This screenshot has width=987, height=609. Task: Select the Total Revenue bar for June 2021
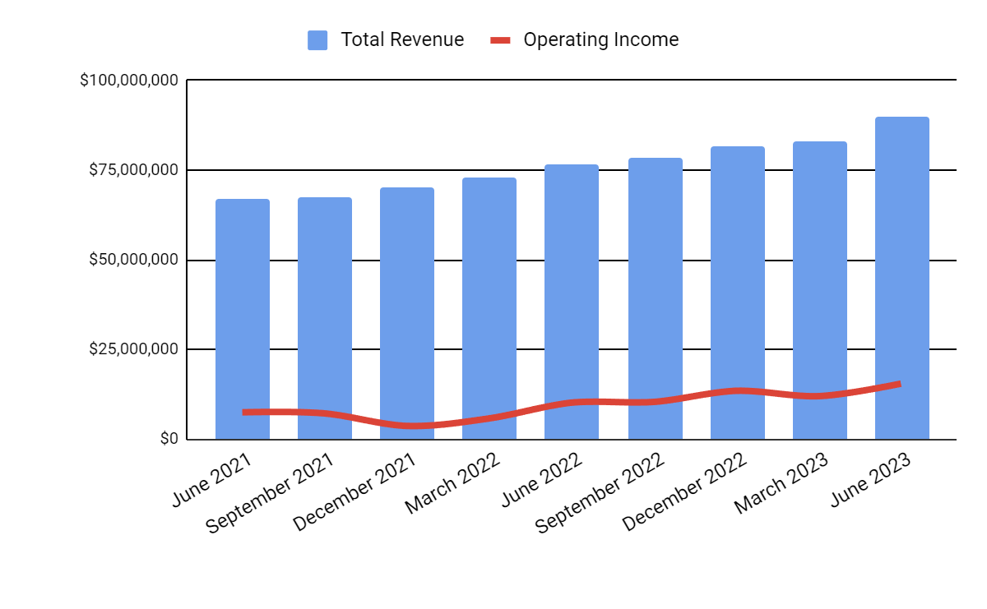243,312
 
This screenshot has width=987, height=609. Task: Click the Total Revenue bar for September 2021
325,312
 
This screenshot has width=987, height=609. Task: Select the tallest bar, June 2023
902,271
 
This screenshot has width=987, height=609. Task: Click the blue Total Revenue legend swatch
317,40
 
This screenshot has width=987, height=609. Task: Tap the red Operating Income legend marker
500,40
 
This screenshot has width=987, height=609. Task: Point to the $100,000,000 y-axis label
129,81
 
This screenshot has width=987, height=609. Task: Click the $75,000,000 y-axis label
133,170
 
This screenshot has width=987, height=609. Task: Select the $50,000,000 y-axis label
133,260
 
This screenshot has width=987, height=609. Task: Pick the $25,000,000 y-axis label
133,349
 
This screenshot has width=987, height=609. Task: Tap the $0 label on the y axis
169,439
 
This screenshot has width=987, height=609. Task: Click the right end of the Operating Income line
899,384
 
